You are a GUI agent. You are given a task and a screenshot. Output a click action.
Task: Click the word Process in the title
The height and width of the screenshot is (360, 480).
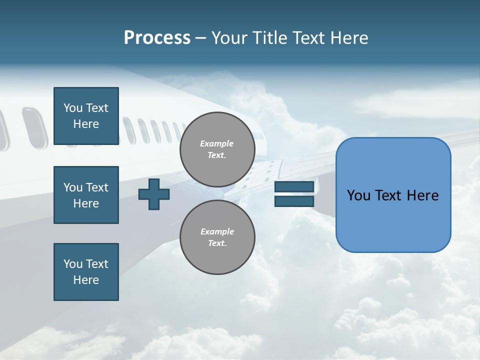coord(157,38)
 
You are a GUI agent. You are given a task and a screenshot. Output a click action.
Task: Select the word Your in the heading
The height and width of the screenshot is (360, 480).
coord(230,38)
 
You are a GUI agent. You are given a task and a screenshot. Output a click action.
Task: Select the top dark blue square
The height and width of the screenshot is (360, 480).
coord(86,116)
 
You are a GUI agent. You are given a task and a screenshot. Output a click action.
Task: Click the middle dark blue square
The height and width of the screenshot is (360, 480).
coord(86,195)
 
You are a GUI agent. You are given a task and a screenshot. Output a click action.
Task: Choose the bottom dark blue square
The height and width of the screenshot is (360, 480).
coord(86,272)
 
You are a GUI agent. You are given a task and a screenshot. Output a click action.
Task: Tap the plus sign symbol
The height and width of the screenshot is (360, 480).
coord(154,194)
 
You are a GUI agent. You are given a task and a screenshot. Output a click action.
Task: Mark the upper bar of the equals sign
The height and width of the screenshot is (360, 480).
coord(294,186)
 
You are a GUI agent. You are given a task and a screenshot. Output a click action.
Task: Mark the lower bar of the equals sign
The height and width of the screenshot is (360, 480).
coord(294,201)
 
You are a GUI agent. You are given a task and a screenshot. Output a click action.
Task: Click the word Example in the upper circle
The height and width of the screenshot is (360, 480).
coord(217,143)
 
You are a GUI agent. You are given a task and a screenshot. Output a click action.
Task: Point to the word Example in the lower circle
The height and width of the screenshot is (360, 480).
coord(217,231)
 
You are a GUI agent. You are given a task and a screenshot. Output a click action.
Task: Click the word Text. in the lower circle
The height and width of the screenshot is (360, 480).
coord(217,243)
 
